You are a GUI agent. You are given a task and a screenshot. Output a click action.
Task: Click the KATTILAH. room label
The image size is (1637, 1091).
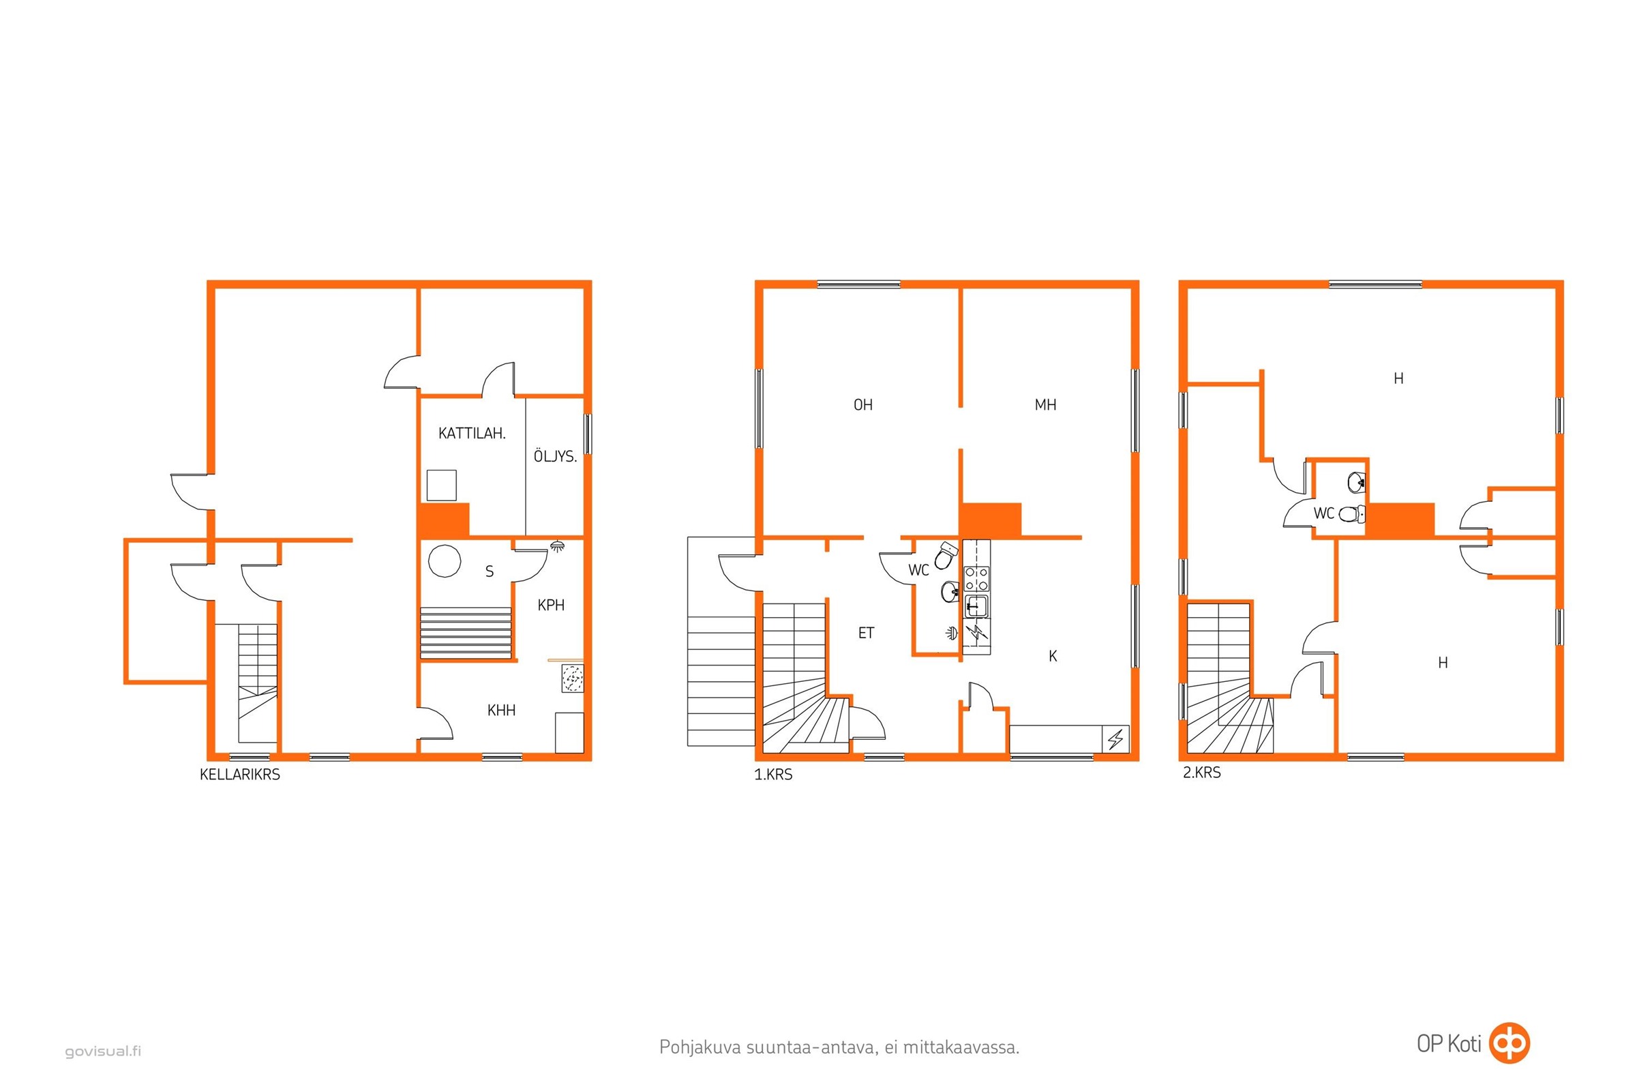471,434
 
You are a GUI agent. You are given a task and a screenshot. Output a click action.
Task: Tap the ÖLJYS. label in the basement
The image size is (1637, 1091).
554,456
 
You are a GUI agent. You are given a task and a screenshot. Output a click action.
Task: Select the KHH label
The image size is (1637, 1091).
501,711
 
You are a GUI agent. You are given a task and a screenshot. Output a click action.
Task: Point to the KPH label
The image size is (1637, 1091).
550,606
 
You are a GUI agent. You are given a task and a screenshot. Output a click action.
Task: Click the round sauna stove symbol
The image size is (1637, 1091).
445,560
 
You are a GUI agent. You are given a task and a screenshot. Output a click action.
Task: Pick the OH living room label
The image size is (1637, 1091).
862,405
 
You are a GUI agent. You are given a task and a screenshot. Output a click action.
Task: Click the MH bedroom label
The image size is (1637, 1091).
1045,405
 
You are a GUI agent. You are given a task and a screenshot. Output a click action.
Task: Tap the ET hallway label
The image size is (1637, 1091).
865,633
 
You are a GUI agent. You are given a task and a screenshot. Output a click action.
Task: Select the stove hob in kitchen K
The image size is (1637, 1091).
976,579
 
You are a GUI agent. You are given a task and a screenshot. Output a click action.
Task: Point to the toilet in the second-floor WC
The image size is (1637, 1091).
1352,514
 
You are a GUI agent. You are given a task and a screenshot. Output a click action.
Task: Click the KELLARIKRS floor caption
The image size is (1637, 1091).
239,775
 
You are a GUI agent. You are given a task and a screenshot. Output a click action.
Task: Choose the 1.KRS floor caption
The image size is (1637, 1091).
773,775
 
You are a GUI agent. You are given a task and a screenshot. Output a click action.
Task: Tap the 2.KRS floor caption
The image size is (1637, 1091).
1201,773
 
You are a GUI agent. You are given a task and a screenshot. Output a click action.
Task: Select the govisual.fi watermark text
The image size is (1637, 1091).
103,1051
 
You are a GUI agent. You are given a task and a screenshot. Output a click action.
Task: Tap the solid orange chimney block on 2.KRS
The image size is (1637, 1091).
1400,520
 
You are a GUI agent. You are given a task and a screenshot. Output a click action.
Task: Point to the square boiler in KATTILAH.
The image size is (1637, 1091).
441,485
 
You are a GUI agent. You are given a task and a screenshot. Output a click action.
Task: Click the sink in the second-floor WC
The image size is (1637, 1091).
1357,481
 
